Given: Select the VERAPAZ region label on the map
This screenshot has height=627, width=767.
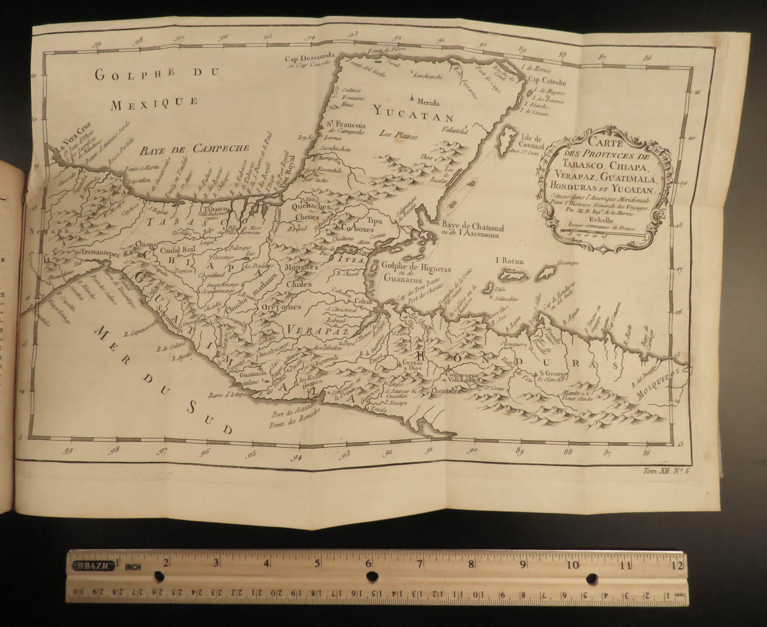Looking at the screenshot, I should (313, 330).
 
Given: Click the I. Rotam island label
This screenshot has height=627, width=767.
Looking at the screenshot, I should (509, 261).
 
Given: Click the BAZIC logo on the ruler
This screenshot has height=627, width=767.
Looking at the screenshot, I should (94, 565).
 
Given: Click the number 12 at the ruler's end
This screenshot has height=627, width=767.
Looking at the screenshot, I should (677, 565).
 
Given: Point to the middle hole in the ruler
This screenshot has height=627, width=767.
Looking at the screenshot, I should (372, 576).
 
